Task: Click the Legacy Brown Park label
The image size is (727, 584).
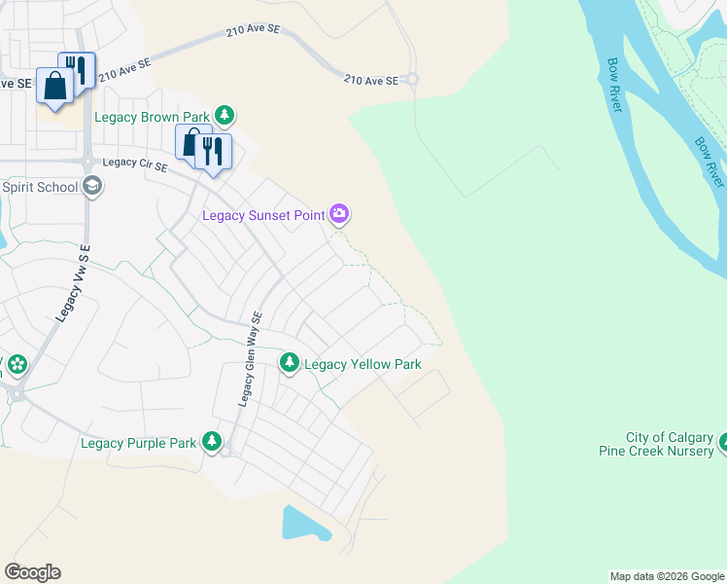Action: (x=153, y=117)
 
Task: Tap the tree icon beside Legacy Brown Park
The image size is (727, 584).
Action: (x=225, y=117)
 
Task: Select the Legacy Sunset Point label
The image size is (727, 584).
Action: (x=262, y=215)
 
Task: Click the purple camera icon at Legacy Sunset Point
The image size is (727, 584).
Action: (x=338, y=214)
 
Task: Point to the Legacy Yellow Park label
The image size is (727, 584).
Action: (x=363, y=364)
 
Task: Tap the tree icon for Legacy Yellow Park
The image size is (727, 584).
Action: (x=290, y=363)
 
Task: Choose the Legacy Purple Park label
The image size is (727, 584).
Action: (x=139, y=443)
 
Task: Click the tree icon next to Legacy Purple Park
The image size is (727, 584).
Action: (x=212, y=442)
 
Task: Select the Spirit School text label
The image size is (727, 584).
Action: (x=39, y=186)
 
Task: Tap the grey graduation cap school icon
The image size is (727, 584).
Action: (x=92, y=186)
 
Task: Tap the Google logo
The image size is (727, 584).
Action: (x=32, y=572)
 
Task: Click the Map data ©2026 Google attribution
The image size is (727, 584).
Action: (x=667, y=576)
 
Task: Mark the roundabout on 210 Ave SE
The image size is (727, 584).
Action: (x=412, y=80)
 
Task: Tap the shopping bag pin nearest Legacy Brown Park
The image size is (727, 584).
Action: (x=191, y=142)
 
